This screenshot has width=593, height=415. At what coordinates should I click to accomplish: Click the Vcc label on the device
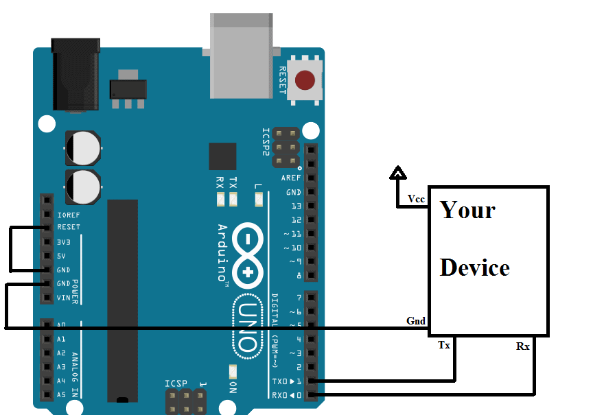point(416,199)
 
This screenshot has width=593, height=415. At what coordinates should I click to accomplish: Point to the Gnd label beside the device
point(416,320)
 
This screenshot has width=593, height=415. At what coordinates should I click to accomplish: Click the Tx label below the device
point(444,345)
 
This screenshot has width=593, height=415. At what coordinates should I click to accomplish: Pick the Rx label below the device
point(523,346)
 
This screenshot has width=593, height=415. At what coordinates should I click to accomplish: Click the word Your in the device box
point(467,209)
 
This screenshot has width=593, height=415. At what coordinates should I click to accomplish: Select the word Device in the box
point(474,268)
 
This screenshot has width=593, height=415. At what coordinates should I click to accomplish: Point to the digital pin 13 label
point(296,206)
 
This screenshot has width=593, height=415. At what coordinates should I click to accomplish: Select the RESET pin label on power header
point(69,227)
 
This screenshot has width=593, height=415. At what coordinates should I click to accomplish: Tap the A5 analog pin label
point(61,395)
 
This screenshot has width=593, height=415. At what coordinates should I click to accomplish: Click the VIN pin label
point(64,298)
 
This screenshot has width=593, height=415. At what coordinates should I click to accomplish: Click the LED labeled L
point(258,200)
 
